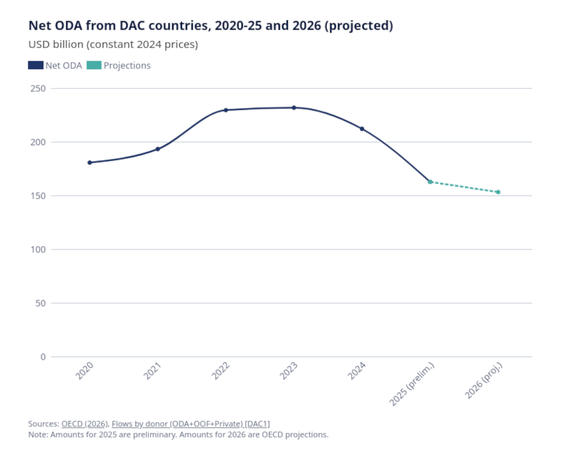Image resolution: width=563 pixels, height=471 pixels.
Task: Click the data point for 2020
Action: pos(90,162)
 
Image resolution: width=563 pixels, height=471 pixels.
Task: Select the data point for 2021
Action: pos(158,149)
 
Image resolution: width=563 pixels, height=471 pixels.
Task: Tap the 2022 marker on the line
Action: pos(226,110)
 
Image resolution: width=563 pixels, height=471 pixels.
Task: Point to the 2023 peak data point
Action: pos(294,108)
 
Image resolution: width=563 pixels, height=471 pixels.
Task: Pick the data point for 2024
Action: pos(362,128)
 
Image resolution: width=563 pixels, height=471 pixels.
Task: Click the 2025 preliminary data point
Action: pos(430,182)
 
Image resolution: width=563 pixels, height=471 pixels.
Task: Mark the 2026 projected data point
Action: pos(498,192)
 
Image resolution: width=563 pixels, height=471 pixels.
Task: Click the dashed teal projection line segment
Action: pos(464,187)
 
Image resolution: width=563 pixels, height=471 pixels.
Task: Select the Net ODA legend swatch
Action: pos(35,65)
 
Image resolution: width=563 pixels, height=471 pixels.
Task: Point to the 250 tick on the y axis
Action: pos(38,88)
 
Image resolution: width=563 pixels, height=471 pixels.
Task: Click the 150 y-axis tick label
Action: pos(38,195)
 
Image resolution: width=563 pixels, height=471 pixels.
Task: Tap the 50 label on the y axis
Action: pos(40,303)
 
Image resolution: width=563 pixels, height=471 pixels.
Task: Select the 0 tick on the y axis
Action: pos(43,357)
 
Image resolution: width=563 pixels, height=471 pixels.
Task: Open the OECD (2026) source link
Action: pos(84,424)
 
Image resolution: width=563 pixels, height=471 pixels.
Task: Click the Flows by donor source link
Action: pos(194,424)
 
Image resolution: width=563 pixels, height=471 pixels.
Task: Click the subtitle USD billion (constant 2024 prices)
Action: pos(113,45)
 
